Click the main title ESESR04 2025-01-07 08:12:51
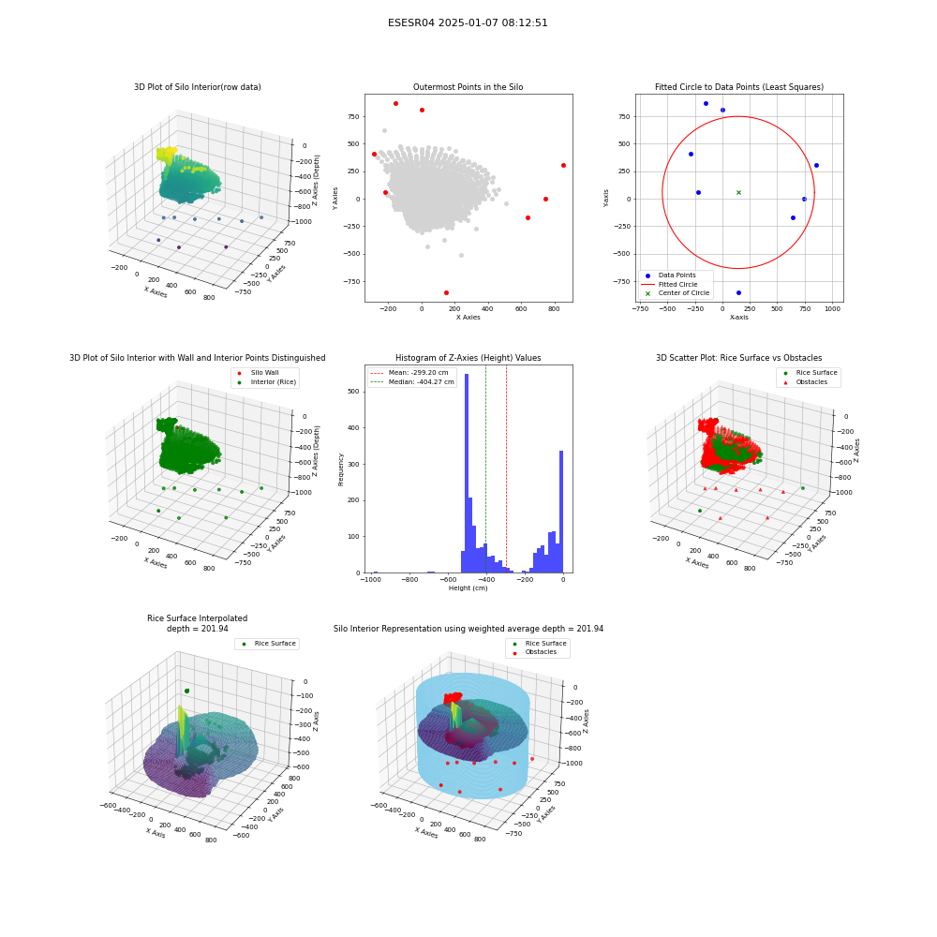coord(468,22)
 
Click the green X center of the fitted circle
coord(738,192)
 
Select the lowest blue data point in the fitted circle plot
coord(738,292)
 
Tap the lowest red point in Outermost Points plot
coord(446,292)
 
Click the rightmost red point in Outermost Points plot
coord(563,166)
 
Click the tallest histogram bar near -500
coord(467,473)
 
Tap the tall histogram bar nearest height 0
coord(561,512)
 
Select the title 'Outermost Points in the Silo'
coord(468,87)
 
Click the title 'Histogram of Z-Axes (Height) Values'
coord(468,358)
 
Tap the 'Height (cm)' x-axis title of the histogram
coord(468,588)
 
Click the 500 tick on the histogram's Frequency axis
coord(353,392)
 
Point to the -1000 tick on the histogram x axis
coord(371,580)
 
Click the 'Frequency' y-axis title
coord(341,469)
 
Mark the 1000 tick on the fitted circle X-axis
coord(832,309)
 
